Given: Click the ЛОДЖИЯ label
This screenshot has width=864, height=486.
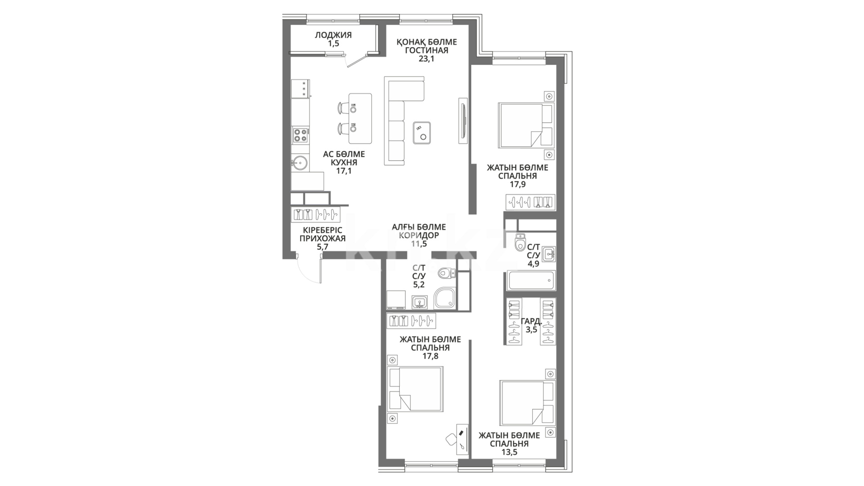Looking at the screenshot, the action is [333, 35].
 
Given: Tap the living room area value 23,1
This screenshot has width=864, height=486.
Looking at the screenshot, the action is [427, 58].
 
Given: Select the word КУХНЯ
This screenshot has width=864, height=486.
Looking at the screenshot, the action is [344, 162].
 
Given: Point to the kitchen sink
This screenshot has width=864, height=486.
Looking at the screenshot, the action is [300, 162].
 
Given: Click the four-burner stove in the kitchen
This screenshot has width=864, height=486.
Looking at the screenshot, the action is [301, 135].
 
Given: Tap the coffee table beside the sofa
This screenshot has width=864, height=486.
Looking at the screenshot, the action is [422, 132].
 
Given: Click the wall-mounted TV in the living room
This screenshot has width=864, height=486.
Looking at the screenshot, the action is [463, 121].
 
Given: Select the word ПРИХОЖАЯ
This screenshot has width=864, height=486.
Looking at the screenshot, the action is [322, 238].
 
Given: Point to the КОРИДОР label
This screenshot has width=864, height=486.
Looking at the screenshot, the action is [418, 235].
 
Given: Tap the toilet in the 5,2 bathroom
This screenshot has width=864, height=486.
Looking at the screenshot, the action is [446, 273].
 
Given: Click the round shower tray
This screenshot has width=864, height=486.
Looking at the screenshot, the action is [445, 298].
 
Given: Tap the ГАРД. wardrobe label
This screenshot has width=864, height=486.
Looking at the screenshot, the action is [531, 321].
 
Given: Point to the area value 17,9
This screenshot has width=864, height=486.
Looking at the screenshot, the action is [517, 184].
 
